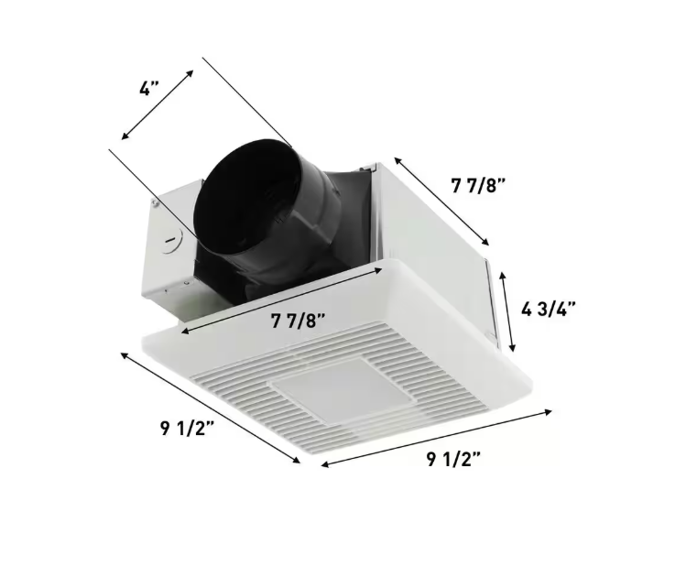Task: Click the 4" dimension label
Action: [148, 89]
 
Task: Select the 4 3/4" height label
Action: [549, 310]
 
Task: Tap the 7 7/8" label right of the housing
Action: [478, 186]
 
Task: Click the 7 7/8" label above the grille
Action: [299, 321]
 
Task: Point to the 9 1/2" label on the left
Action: [187, 429]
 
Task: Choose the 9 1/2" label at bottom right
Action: [453, 459]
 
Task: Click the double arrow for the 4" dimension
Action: [158, 104]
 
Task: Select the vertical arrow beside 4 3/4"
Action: [507, 311]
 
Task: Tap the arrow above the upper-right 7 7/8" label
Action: [441, 201]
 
